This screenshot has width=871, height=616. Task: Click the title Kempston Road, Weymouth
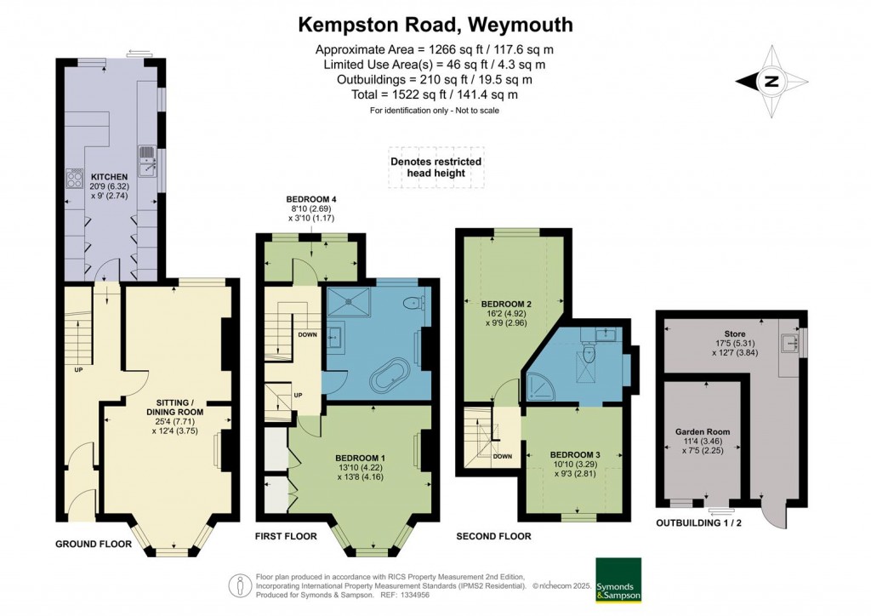pos(435,25)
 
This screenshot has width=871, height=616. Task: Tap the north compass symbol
pos(771,83)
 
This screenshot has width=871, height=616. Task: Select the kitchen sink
pos(147,157)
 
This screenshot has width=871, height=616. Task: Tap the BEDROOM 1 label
pos(360,457)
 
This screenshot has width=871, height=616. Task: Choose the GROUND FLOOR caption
pos(94,544)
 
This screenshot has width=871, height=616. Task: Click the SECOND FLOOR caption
pos(493,537)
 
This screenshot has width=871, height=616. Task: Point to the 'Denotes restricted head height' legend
pos(435,167)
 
